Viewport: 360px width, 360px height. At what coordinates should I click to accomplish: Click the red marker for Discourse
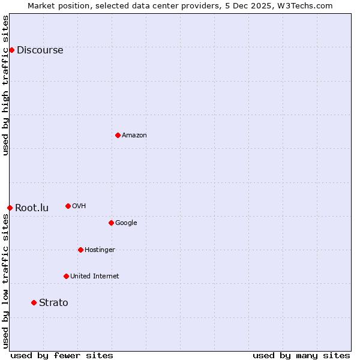point(11,50)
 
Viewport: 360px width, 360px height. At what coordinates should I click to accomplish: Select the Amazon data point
point(118,135)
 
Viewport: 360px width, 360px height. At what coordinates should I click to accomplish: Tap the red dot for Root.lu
point(10,208)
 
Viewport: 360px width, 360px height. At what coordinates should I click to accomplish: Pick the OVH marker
point(68,206)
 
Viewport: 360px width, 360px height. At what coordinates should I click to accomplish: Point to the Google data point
point(111,223)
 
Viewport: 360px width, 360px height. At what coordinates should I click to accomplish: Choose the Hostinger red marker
point(80,250)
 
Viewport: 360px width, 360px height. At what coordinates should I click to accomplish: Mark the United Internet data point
point(66,276)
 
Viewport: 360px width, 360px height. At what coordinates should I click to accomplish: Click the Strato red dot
point(34,302)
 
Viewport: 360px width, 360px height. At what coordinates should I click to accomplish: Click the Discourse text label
point(40,50)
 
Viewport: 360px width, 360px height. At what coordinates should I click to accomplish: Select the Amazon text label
point(134,135)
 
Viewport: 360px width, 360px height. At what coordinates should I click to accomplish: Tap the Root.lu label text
point(32,208)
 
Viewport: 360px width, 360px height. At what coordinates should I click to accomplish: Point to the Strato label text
point(53,302)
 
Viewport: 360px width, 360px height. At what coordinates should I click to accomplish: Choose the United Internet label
point(94,276)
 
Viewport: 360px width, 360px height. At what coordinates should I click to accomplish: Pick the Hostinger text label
point(100,250)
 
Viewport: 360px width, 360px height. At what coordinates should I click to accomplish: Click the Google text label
point(126,223)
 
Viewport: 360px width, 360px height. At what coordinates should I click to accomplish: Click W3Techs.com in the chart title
point(304,5)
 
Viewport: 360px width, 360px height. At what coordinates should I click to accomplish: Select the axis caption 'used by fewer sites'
point(62,355)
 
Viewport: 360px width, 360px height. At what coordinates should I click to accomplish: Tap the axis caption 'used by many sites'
point(301,355)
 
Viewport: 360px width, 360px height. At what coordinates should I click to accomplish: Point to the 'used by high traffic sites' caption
point(5,86)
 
